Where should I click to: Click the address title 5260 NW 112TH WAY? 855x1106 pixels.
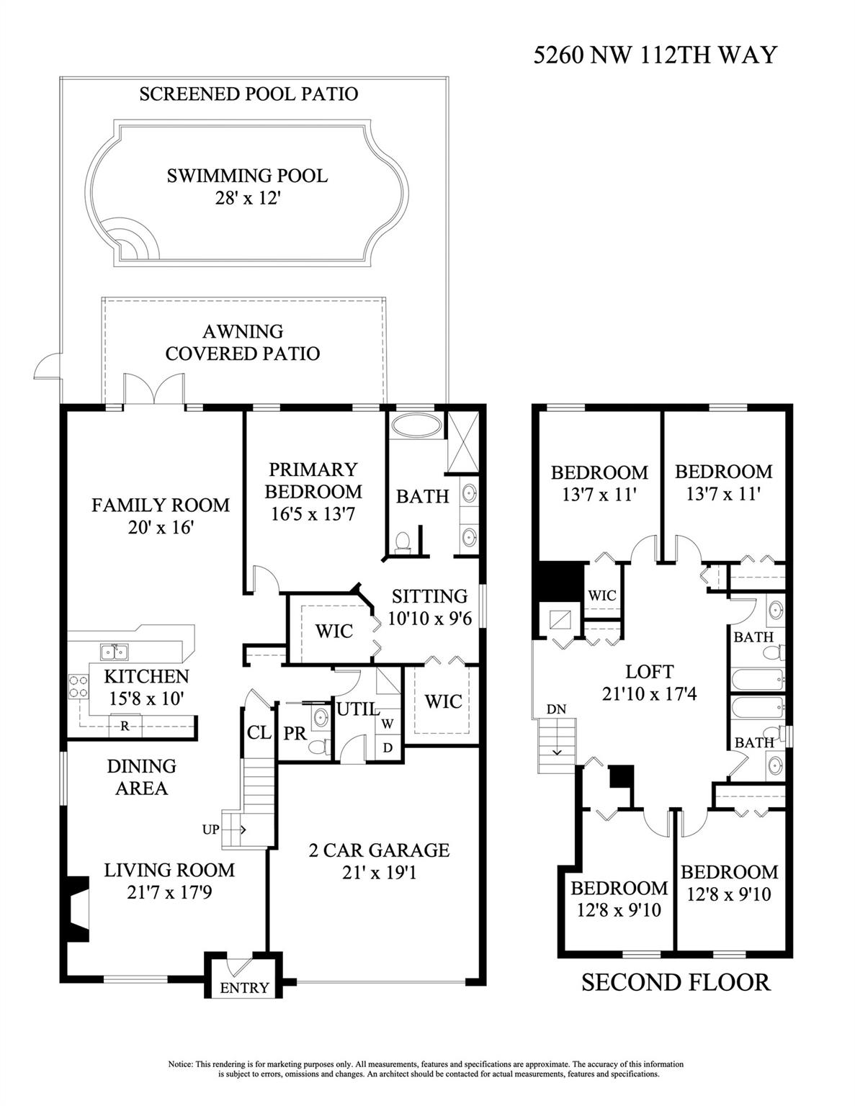[x=655, y=55]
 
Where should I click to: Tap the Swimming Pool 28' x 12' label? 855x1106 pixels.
[x=247, y=186]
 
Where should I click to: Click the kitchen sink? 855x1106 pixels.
[x=113, y=652]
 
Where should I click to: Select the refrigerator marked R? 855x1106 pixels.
[x=125, y=726]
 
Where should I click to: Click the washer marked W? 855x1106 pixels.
[x=388, y=722]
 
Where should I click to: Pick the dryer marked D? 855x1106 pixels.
[x=388, y=747]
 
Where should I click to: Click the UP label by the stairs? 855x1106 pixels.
[x=210, y=829]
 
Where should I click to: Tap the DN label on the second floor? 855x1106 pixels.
[x=555, y=709]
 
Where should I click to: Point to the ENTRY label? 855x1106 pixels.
[x=244, y=988]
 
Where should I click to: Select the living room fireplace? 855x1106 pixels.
[x=76, y=907]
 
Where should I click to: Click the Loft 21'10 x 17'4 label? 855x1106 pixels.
[x=649, y=683]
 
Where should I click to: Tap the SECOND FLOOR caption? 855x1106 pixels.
[x=676, y=982]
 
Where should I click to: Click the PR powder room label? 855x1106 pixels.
[x=295, y=733]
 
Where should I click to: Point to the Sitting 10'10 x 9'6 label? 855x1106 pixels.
[x=429, y=607]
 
